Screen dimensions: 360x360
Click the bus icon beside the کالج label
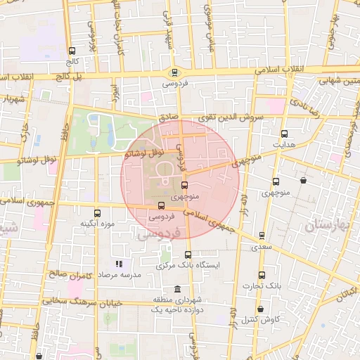pyautogui.click(x=72, y=51)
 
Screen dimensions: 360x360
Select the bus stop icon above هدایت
pyautogui.click(x=284, y=133)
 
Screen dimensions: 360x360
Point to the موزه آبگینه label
pyautogui.click(x=97, y=224)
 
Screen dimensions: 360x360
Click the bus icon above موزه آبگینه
pyautogui.click(x=96, y=213)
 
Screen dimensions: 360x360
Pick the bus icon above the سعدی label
pyautogui.click(x=262, y=236)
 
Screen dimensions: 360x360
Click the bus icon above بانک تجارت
pyautogui.click(x=262, y=274)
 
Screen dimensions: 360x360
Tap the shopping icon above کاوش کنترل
pyautogui.click(x=261, y=309)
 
